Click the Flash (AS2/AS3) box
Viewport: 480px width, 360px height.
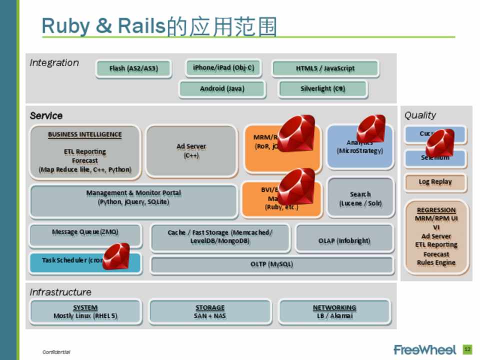[x=133, y=68]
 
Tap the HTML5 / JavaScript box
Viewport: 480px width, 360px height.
[x=325, y=68]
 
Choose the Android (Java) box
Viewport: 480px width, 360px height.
[x=222, y=89]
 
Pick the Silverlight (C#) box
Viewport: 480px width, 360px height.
[x=322, y=89]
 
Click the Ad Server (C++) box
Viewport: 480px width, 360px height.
[x=191, y=151]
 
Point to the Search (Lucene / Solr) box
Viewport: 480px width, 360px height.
[x=360, y=198]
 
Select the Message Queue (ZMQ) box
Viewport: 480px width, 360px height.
[x=85, y=232]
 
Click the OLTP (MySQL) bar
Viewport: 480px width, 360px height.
[x=271, y=264]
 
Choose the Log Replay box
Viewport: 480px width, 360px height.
[x=435, y=182]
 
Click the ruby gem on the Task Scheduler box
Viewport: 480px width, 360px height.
[x=116, y=256]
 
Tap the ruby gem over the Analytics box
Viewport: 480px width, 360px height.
[x=371, y=128]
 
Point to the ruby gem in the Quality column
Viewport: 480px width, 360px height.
[x=439, y=142]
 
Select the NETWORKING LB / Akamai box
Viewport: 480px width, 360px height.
[x=334, y=311]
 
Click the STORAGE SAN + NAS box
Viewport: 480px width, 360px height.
[x=210, y=311]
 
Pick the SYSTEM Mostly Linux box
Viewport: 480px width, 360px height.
[x=85, y=311]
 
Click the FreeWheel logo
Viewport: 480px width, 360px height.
[x=424, y=349]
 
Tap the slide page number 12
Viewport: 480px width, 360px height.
[x=467, y=349]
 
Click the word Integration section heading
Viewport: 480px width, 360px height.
[x=54, y=63]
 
